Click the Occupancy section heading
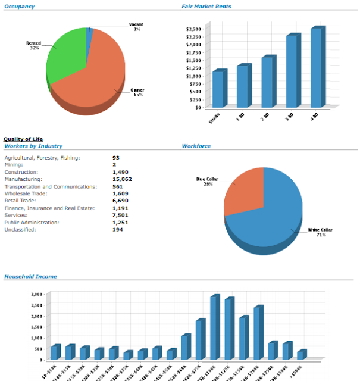click(19, 7)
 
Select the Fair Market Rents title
click(206, 7)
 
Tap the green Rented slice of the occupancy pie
click(65, 57)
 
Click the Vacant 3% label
click(136, 27)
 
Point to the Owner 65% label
click(137, 92)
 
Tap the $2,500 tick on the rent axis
click(193, 29)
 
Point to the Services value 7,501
click(120, 215)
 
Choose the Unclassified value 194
click(118, 229)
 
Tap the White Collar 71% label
click(317, 232)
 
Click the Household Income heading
click(30, 277)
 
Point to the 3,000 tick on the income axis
click(35, 295)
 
